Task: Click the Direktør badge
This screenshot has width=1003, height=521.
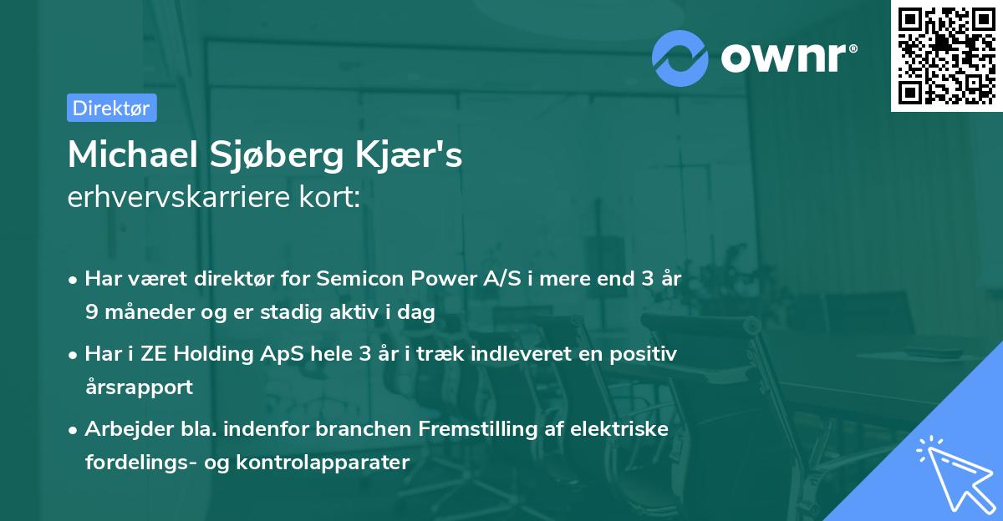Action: (x=111, y=108)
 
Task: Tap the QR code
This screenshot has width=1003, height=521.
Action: (x=946, y=55)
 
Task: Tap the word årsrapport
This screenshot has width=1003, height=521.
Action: (x=139, y=387)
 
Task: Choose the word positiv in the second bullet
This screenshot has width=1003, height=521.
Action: (x=644, y=354)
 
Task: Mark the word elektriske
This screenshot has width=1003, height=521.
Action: (x=620, y=429)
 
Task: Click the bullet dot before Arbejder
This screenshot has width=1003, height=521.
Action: (x=74, y=430)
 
